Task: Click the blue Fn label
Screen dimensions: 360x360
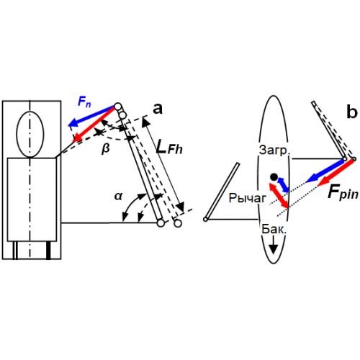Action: [x=84, y=102]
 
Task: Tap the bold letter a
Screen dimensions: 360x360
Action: [x=158, y=109]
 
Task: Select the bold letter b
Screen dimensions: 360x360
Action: [x=352, y=112]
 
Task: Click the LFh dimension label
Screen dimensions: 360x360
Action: [x=169, y=147]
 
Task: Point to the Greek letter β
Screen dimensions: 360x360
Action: [x=106, y=148]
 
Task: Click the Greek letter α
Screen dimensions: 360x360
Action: [x=118, y=197]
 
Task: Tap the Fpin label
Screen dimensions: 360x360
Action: [x=343, y=193]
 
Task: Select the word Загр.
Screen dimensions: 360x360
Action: [x=274, y=150]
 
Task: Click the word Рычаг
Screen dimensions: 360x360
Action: [x=248, y=198]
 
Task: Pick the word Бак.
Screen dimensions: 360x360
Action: [x=274, y=229]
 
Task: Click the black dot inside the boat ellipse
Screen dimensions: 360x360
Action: [x=274, y=177]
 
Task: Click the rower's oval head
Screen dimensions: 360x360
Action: [x=30, y=134]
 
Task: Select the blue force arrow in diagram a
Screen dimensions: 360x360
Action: [x=91, y=116]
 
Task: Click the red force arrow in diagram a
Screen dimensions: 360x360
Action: [x=94, y=125]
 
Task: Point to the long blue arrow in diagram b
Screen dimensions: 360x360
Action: [x=325, y=171]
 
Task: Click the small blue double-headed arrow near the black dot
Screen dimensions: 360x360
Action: [x=284, y=185]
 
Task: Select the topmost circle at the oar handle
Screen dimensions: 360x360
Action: [x=117, y=106]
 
